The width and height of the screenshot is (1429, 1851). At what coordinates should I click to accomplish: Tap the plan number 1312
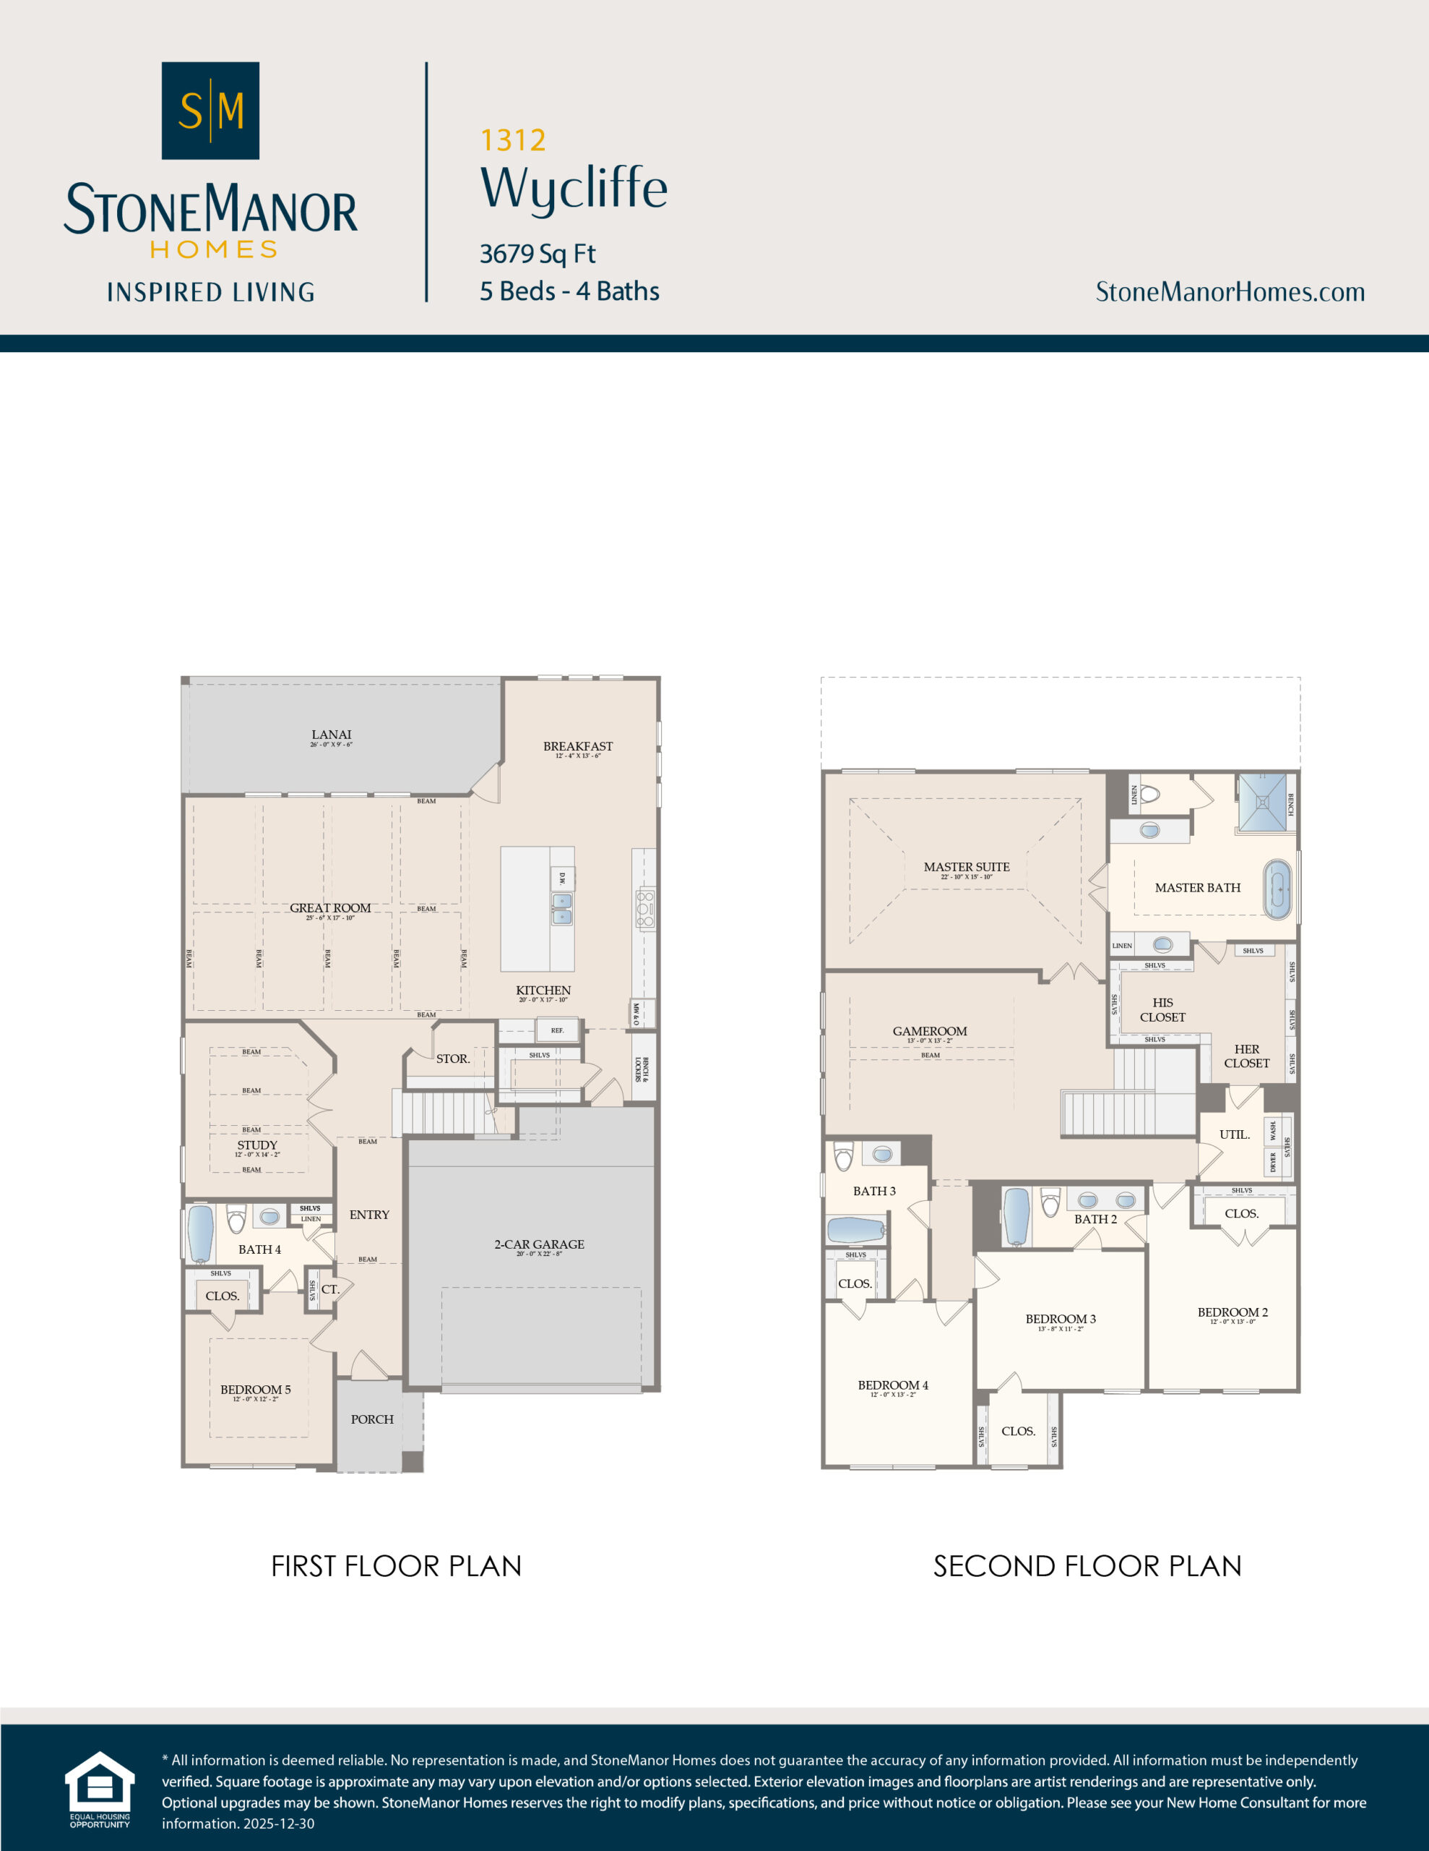(512, 140)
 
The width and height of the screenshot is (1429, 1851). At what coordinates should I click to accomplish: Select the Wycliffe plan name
(574, 188)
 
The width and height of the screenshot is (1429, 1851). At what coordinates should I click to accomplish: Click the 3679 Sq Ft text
(537, 253)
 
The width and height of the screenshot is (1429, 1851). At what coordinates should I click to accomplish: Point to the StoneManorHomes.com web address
(1229, 291)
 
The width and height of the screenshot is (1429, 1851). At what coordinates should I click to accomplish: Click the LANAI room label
(331, 735)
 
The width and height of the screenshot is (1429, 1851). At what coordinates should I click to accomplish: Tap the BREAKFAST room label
(578, 746)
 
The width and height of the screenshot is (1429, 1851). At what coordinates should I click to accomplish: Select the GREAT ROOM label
(330, 907)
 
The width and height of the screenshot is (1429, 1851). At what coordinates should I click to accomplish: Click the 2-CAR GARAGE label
(539, 1244)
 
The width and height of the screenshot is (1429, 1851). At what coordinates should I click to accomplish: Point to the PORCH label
(372, 1419)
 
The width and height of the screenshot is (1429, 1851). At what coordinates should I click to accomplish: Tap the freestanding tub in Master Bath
(1277, 890)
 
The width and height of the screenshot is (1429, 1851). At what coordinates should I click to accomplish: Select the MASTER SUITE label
(966, 867)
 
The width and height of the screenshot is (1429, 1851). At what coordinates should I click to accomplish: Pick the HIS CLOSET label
(1162, 1009)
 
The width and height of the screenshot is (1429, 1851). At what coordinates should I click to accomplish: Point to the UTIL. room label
(1234, 1134)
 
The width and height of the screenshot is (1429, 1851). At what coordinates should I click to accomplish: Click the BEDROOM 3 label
(1061, 1319)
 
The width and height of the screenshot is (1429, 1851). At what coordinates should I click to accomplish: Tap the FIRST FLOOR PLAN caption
(396, 1566)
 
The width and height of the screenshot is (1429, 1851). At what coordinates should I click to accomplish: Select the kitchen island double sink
(561, 909)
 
